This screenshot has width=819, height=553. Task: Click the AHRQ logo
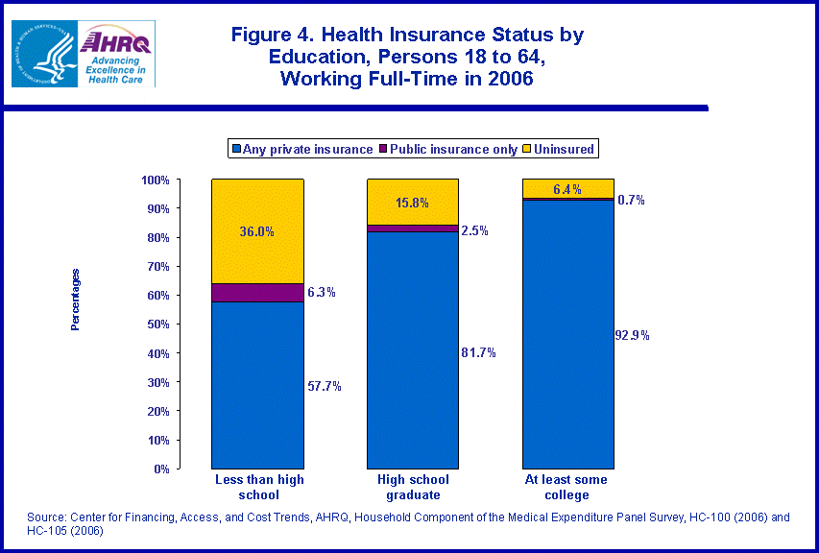point(116,55)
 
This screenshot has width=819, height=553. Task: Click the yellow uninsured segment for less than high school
point(257,231)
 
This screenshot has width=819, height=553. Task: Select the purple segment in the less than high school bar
point(257,292)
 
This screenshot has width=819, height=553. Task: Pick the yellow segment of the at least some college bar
point(568,188)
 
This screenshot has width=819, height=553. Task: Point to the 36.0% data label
point(257,231)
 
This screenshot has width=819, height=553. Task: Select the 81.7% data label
point(479,352)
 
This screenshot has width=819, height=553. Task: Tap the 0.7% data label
point(632,200)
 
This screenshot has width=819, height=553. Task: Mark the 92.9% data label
point(633,335)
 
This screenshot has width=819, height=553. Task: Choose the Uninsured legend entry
point(566,149)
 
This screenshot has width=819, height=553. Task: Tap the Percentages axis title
point(75,300)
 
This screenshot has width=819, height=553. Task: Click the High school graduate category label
point(413,487)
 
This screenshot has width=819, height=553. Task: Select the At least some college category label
point(568,487)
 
